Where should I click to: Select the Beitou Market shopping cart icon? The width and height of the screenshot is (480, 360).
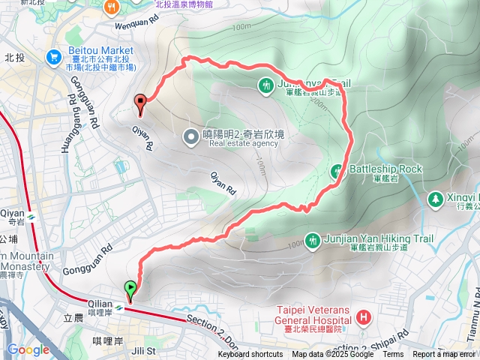[x=52, y=56]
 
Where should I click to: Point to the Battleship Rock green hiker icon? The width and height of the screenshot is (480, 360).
[x=337, y=171]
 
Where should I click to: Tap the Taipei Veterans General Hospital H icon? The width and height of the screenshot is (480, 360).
[x=364, y=317]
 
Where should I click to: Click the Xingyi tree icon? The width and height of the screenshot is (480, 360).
[x=434, y=199]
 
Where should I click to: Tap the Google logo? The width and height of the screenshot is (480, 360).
[x=28, y=349]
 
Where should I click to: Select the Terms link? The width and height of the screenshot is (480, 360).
[x=393, y=355]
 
